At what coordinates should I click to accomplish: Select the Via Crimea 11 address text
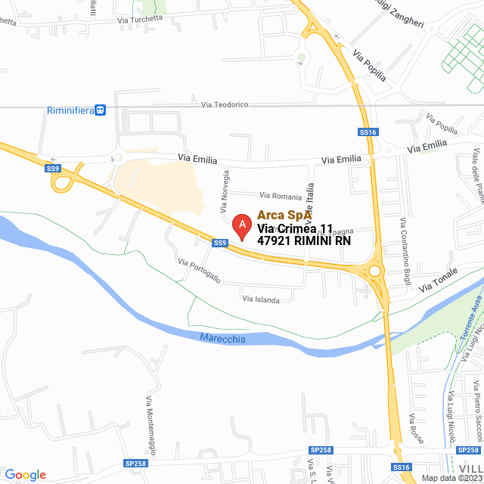pyautogui.click(x=295, y=228)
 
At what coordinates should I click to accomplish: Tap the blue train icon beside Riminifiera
pyautogui.click(x=101, y=110)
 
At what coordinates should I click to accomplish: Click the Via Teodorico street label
pyautogui.click(x=225, y=104)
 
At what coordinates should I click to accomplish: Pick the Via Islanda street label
pyautogui.click(x=261, y=299)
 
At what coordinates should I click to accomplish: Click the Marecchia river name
pyautogui.click(x=223, y=339)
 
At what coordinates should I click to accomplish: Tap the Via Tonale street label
pyautogui.click(x=438, y=284)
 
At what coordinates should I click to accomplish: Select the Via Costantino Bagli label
pyautogui.click(x=401, y=243)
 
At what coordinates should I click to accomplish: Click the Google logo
pyautogui.click(x=25, y=475)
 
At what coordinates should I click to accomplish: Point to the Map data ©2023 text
pyautogui.click(x=451, y=478)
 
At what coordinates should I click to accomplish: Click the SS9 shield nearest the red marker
pyautogui.click(x=219, y=243)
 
